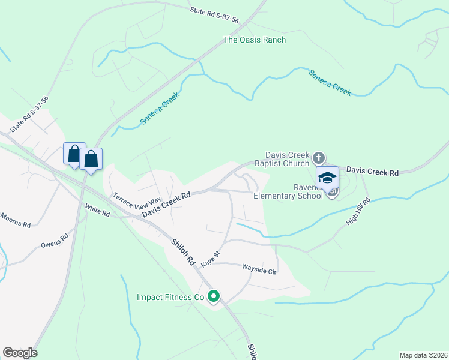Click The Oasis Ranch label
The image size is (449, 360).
click(255, 40)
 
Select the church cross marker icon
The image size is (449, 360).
click(319, 158)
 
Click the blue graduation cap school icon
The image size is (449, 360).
click(328, 178)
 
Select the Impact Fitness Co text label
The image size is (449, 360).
click(171, 297)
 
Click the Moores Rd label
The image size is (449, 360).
click(14, 220)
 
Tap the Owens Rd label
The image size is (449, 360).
click(55, 245)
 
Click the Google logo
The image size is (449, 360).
click(20, 353)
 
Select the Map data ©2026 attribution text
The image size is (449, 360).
click(423, 355)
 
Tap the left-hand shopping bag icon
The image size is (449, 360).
click(74, 153)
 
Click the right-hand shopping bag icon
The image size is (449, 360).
click(91, 159)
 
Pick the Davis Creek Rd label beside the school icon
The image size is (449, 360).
click(372, 172)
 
